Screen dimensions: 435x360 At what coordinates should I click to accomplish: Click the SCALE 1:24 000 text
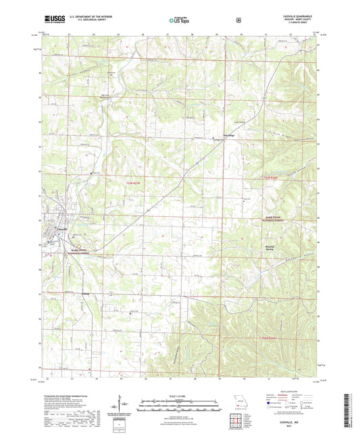pyautogui.click(x=179, y=396)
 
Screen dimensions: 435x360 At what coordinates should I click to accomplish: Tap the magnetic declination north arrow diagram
pyautogui.click(x=120, y=408)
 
